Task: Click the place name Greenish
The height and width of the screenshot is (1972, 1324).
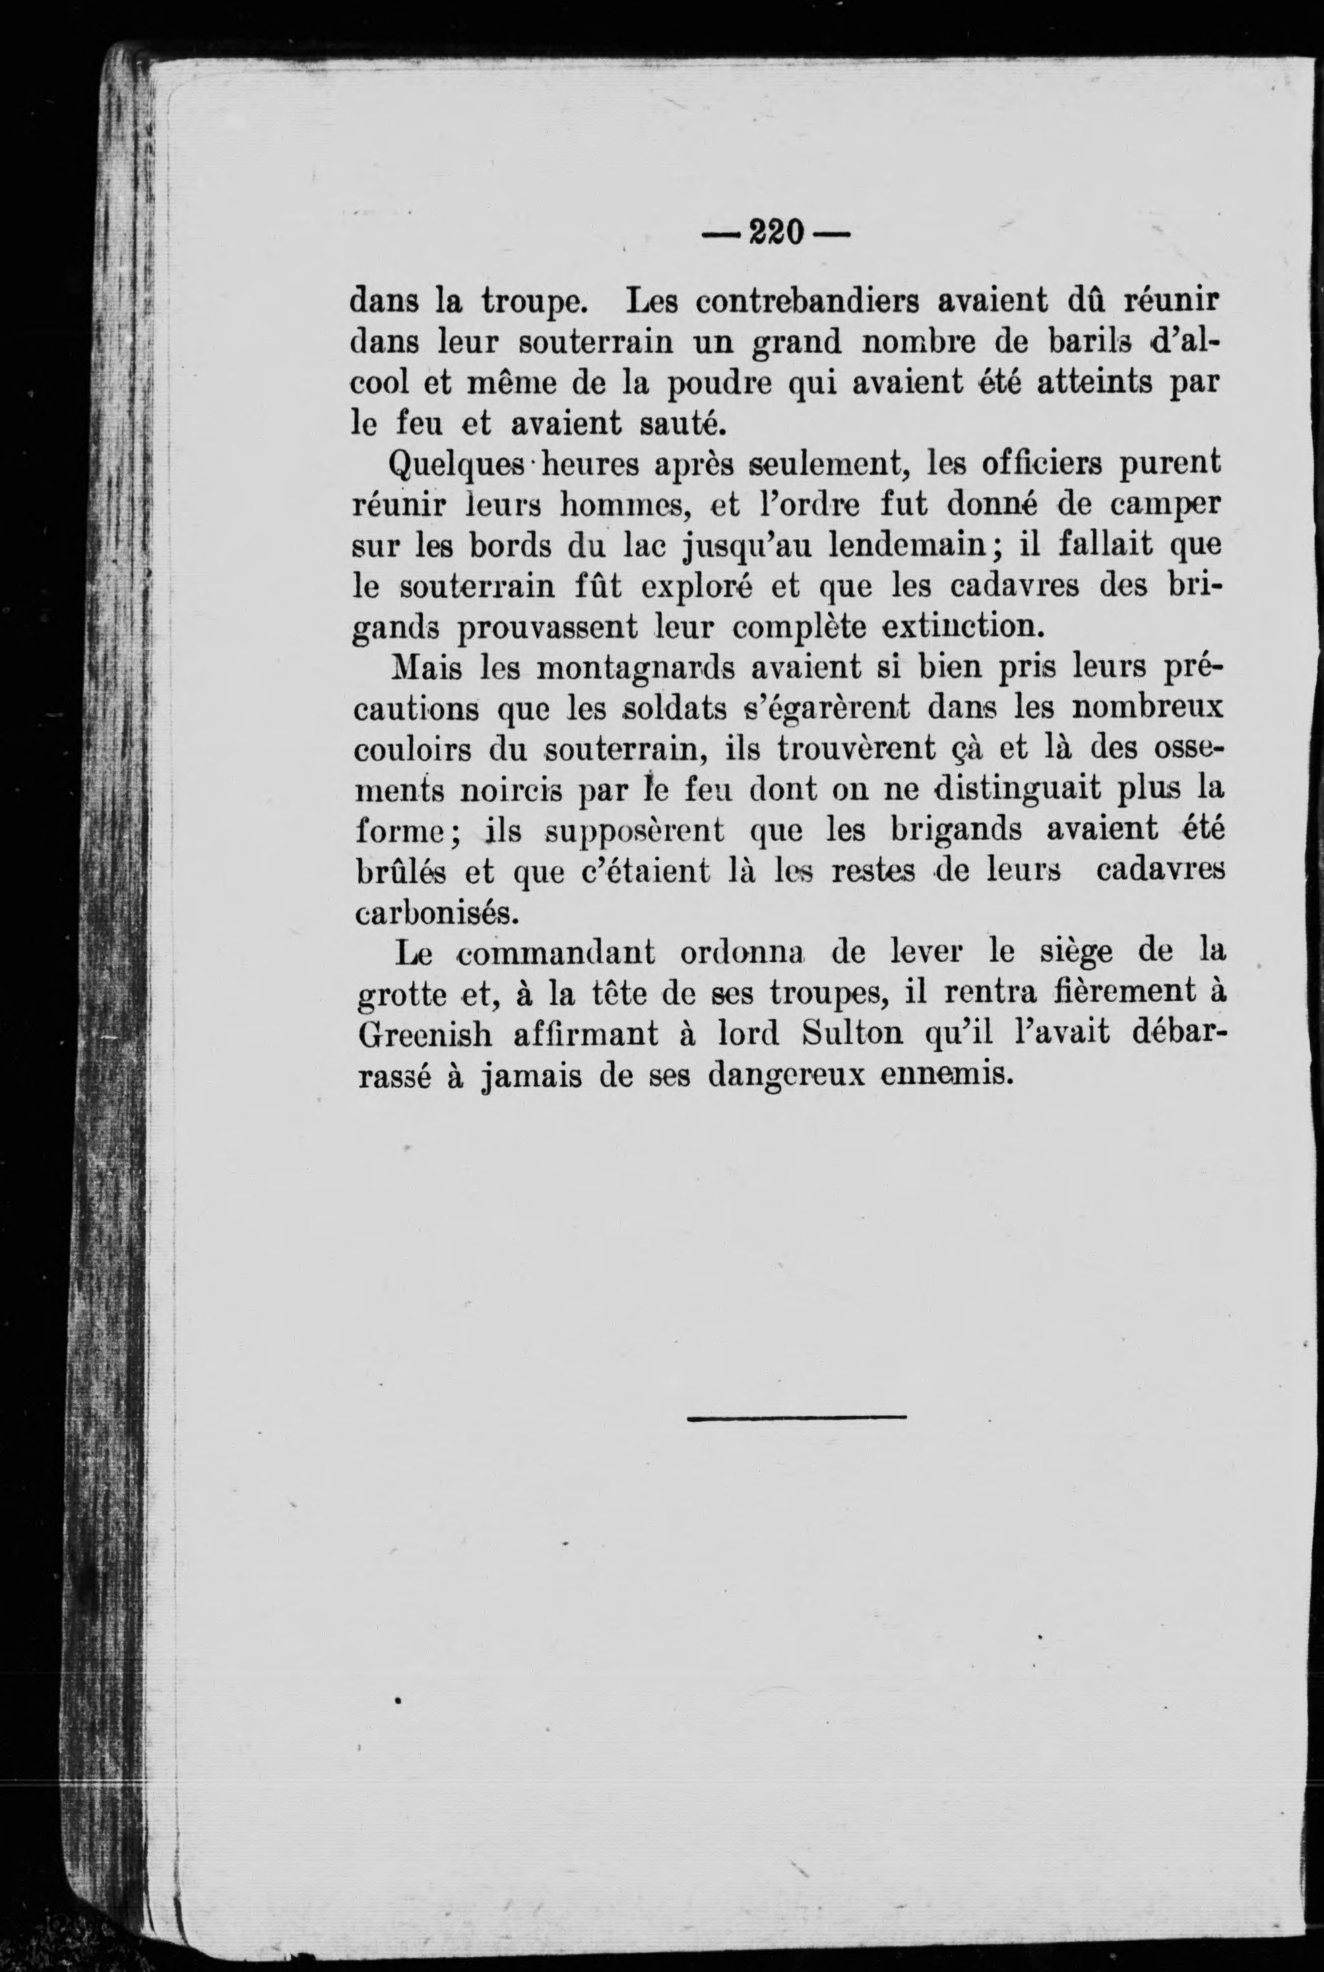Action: pyautogui.click(x=425, y=1035)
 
